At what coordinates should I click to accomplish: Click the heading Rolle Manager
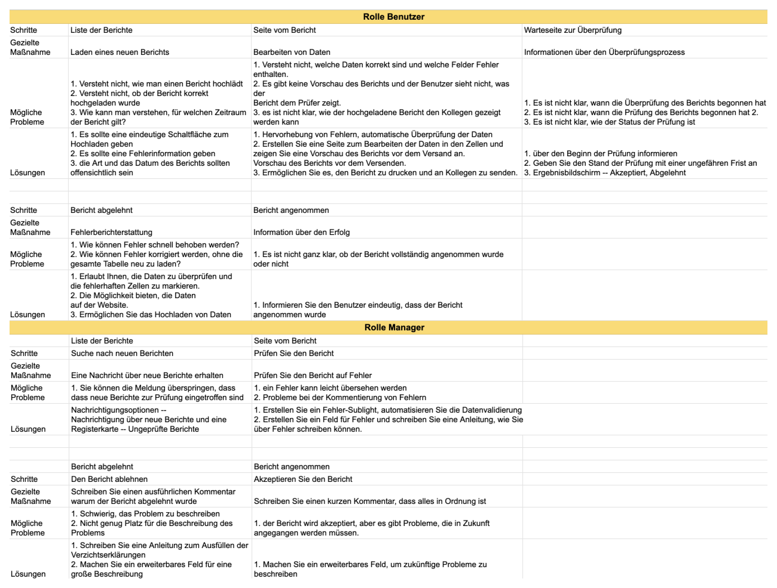[x=394, y=327]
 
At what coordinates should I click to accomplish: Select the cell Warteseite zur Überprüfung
[x=573, y=30]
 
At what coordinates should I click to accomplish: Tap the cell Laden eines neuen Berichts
[x=120, y=52]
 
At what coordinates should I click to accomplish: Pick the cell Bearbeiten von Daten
[x=292, y=52]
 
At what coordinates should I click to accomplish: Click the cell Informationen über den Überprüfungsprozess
[x=604, y=52]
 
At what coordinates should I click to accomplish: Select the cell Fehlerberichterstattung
[x=111, y=232]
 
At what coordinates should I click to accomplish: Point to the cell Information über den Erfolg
[x=301, y=232]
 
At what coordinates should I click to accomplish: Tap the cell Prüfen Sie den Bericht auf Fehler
[x=313, y=376]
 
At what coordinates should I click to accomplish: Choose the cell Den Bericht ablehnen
[x=109, y=479]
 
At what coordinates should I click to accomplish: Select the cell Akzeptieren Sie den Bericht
[x=303, y=479]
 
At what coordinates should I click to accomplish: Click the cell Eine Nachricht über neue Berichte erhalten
[x=147, y=376]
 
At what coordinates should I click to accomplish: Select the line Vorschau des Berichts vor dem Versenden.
[x=329, y=163]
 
